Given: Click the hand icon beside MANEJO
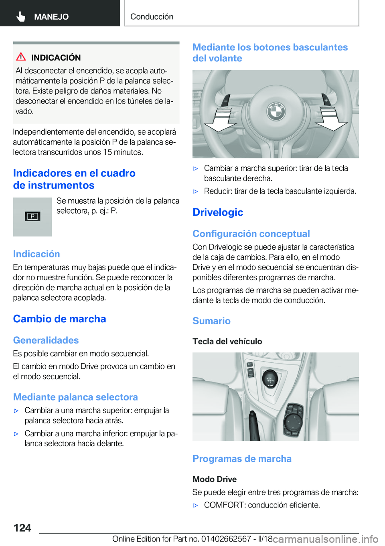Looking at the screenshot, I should pyautogui.click(x=21, y=16).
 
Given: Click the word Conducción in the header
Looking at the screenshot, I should pyautogui.click(x=152, y=17).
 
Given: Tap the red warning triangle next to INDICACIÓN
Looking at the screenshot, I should pyautogui.click(x=21, y=57).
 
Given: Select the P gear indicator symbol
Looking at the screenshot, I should pyautogui.click(x=32, y=216).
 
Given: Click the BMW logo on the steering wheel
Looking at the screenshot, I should pyautogui.click(x=276, y=111).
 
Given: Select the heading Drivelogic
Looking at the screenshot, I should pyautogui.click(x=218, y=212).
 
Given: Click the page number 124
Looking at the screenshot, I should pyautogui.click(x=22, y=528).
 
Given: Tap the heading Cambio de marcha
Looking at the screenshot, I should pyautogui.click(x=59, y=319).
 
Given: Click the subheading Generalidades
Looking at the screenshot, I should pyautogui.click(x=46, y=340).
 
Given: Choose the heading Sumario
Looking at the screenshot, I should pyautogui.click(x=211, y=321).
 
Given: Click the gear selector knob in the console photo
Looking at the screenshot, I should pyautogui.click(x=270, y=378).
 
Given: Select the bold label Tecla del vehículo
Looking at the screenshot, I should pyautogui.click(x=227, y=342).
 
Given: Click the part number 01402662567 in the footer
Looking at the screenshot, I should pyautogui.click(x=226, y=539).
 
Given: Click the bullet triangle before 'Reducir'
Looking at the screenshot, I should pyautogui.click(x=196, y=192).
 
